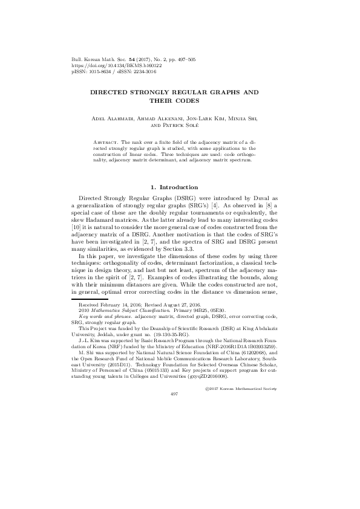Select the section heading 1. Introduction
coord(180,187)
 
